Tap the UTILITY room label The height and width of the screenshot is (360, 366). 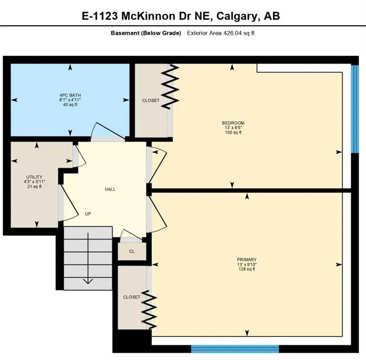[x=34, y=176]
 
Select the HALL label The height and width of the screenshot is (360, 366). [x=110, y=189]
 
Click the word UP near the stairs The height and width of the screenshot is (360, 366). [x=88, y=214]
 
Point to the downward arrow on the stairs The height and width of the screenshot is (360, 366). [x=88, y=280]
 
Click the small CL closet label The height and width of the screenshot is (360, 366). [x=132, y=251]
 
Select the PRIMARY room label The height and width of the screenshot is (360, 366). [x=247, y=259]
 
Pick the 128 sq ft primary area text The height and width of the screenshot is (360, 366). [x=247, y=269]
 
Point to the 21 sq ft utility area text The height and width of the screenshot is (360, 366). [x=34, y=187]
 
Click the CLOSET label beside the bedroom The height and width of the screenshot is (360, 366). [x=151, y=100]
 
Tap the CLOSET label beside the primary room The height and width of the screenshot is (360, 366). [x=131, y=297]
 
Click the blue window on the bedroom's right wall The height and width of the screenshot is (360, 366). [x=355, y=109]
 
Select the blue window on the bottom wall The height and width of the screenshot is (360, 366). [x=235, y=348]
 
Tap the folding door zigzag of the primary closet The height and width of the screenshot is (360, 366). [x=149, y=310]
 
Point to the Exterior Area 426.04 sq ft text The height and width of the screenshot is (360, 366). [x=221, y=33]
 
